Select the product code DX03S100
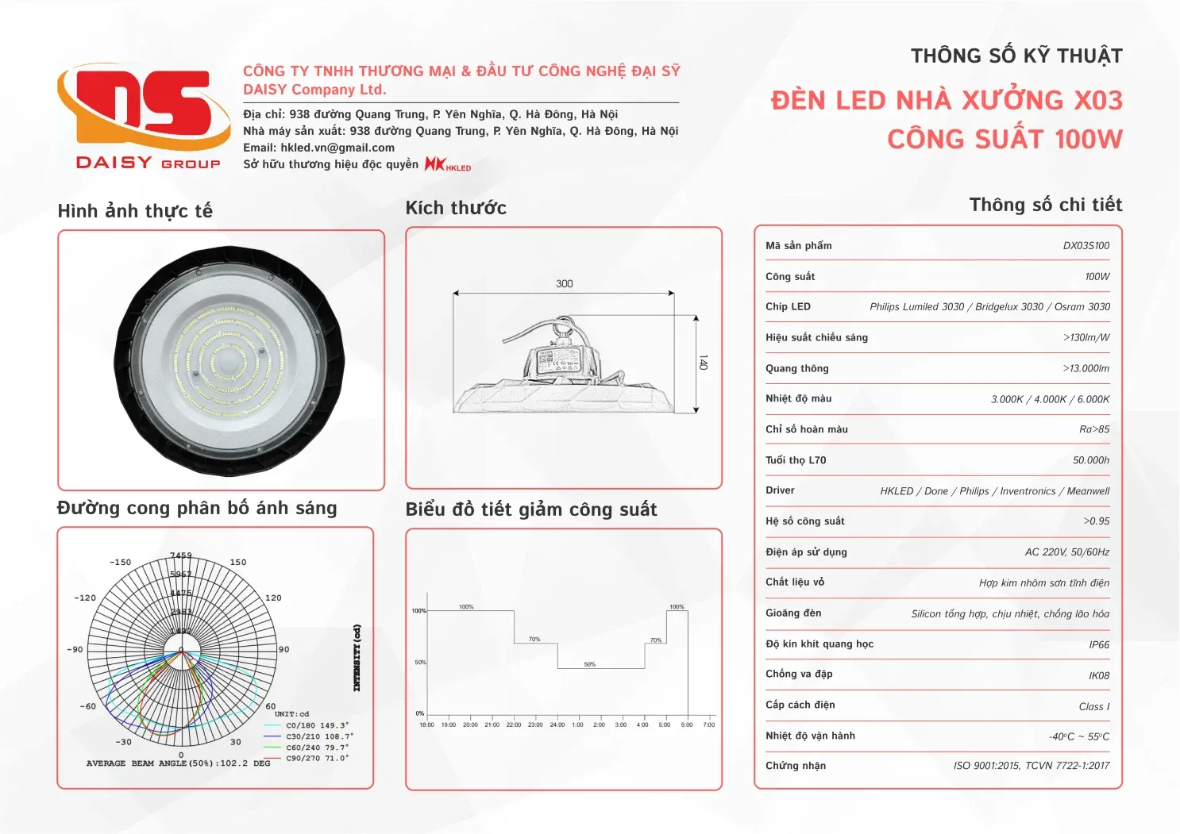pos(1086,246)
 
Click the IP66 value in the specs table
pos(1099,645)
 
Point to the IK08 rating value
pos(1099,676)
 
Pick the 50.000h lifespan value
pos(1091,460)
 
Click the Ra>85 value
pos(1094,429)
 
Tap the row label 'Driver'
pos(780,490)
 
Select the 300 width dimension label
pos(565,283)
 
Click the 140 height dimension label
pos(703,362)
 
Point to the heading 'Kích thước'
pos(456,208)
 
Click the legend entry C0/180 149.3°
pos(317,725)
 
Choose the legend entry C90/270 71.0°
pos(317,759)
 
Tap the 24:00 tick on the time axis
pos(557,724)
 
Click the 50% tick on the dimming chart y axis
pos(420,662)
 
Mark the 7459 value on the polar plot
pos(181,555)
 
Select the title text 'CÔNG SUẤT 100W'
pos(1005,140)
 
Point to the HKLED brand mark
pos(448,164)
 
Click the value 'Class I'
pos(1093,707)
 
